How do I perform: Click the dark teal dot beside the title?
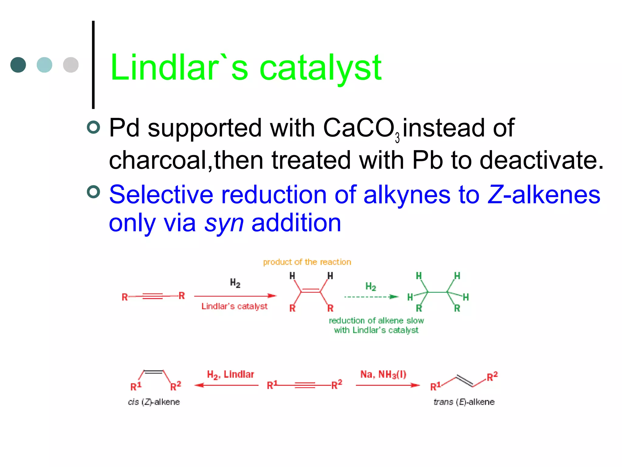18,65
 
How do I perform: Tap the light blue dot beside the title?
44,65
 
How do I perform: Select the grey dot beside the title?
71,65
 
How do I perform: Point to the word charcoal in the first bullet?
158,160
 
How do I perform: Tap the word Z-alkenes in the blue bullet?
544,195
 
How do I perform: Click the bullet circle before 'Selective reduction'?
93,192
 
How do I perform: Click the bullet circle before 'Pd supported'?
93,127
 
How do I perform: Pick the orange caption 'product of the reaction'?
307,262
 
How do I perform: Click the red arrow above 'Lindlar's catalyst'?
235,296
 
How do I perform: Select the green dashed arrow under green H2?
371,297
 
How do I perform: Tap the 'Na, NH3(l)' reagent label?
383,374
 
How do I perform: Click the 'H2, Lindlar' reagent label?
230,375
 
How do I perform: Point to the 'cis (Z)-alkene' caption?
154,402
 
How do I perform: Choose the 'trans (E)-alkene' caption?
464,402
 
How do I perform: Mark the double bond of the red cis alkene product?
310,290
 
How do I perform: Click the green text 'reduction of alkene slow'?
376,320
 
